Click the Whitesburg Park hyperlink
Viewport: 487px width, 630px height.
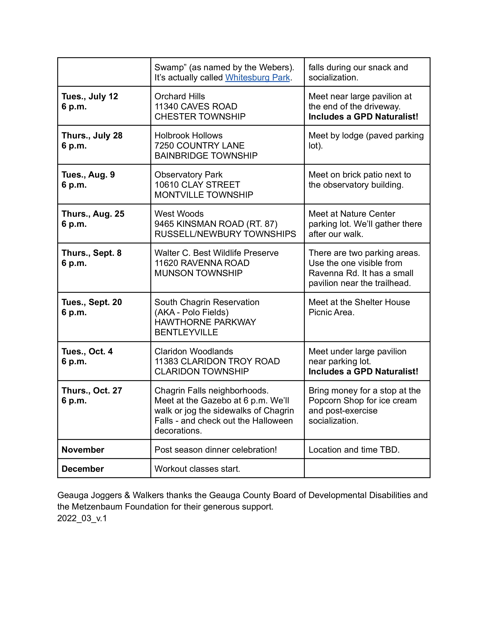[x=257, y=78]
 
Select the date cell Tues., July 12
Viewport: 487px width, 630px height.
[x=90, y=96]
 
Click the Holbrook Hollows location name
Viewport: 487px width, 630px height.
[x=188, y=136]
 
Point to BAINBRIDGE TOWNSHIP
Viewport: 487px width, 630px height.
[x=206, y=156]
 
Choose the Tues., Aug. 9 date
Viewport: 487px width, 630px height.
[x=88, y=174]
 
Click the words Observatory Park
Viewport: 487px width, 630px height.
[x=188, y=174]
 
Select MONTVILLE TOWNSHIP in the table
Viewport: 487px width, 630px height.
[x=204, y=195]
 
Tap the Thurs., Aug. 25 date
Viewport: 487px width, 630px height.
[x=93, y=214]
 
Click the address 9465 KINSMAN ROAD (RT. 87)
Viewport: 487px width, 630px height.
[x=216, y=224]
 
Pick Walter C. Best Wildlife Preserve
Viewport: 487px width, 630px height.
[x=216, y=253]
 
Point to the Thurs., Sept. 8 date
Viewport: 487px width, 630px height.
[x=91, y=253]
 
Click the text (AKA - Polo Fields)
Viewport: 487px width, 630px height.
[x=191, y=312]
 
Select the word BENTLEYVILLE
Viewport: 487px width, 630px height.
[x=186, y=332]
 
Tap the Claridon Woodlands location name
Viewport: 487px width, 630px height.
[x=194, y=351]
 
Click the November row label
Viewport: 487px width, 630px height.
[x=83, y=450]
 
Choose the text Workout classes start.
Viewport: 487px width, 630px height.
[x=197, y=469]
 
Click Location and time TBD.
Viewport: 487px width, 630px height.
[x=354, y=450]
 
